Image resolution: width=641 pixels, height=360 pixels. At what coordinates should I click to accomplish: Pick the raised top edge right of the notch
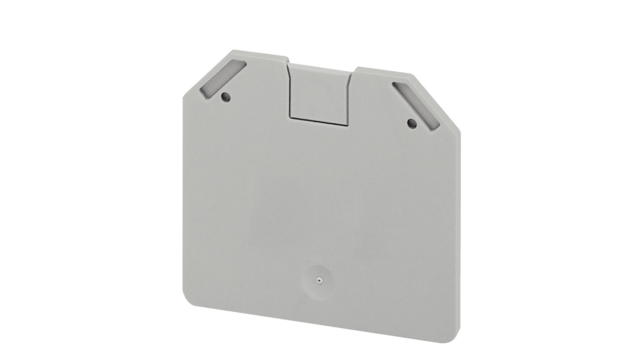click(x=384, y=71)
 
